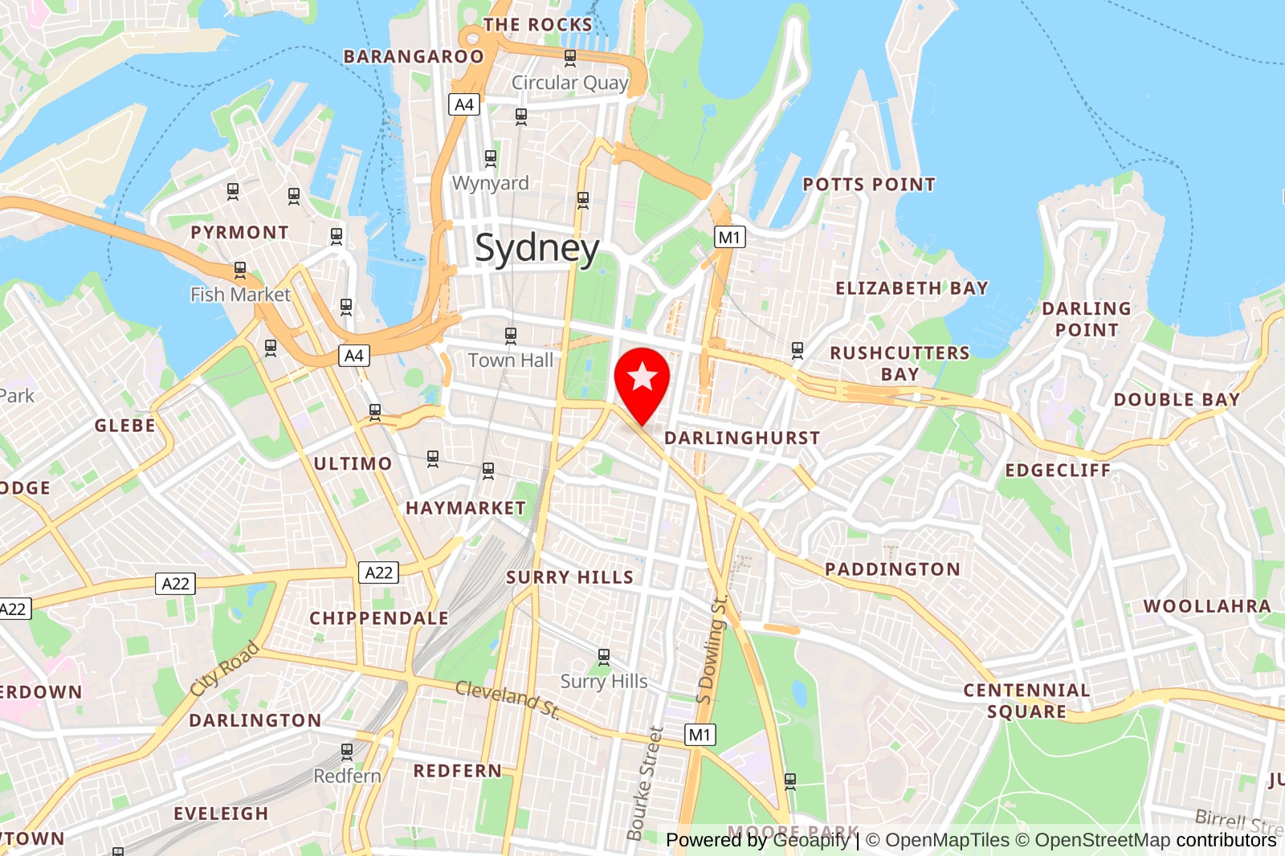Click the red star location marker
642,378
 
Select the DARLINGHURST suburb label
742,438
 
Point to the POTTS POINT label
869,185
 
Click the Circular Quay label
569,83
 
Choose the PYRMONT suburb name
239,232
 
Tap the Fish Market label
240,295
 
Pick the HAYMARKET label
466,508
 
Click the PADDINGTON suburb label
892,569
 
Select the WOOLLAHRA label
1207,606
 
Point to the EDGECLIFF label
1058,471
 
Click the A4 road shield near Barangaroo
464,104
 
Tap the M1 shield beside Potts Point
729,237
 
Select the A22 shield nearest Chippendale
378,573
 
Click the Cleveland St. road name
508,697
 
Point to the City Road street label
225,668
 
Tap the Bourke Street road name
645,783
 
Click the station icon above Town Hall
511,335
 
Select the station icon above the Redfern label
347,752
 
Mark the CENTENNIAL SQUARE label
1026,701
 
